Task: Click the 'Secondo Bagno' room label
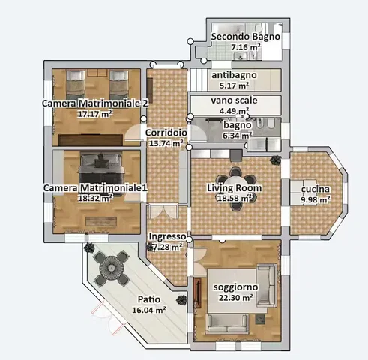pos(246,37)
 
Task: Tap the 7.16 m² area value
pos(246,47)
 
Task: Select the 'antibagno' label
pos(234,75)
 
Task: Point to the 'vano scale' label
pos(234,100)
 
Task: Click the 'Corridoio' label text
pos(166,133)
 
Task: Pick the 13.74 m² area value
pos(166,143)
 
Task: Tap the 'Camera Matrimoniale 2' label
pos(95,103)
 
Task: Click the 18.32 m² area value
pos(95,199)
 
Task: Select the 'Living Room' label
pos(235,188)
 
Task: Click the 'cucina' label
pos(316,189)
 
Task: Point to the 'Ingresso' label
pos(167,236)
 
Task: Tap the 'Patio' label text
pos(149,299)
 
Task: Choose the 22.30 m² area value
pos(235,298)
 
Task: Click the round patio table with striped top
pos(112,268)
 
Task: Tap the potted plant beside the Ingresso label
pos(150,247)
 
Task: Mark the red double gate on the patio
pos(108,318)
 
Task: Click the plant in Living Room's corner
pos(276,160)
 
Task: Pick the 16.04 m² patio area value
pos(149,310)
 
